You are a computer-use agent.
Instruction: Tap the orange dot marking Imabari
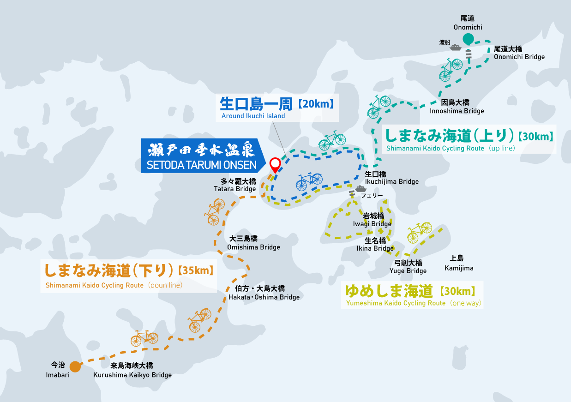click(x=75, y=367)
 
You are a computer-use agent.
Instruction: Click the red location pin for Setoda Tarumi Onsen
click(x=275, y=164)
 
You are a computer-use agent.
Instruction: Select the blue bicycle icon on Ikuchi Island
click(x=309, y=181)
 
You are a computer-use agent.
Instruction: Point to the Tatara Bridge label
click(x=234, y=185)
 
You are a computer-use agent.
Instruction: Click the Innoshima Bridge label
click(x=457, y=107)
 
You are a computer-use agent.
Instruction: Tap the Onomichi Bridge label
click(x=519, y=53)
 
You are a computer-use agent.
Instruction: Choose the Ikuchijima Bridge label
click(x=391, y=178)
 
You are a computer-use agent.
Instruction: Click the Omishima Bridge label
click(x=253, y=243)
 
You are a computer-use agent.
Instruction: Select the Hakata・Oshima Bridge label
click(x=264, y=293)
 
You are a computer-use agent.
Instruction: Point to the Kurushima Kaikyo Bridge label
click(x=132, y=370)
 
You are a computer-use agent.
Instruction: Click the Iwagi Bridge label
click(x=372, y=220)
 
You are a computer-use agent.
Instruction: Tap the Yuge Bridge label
click(x=408, y=267)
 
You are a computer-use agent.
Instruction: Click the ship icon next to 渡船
click(x=456, y=47)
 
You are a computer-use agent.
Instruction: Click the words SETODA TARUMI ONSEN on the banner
click(x=200, y=164)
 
